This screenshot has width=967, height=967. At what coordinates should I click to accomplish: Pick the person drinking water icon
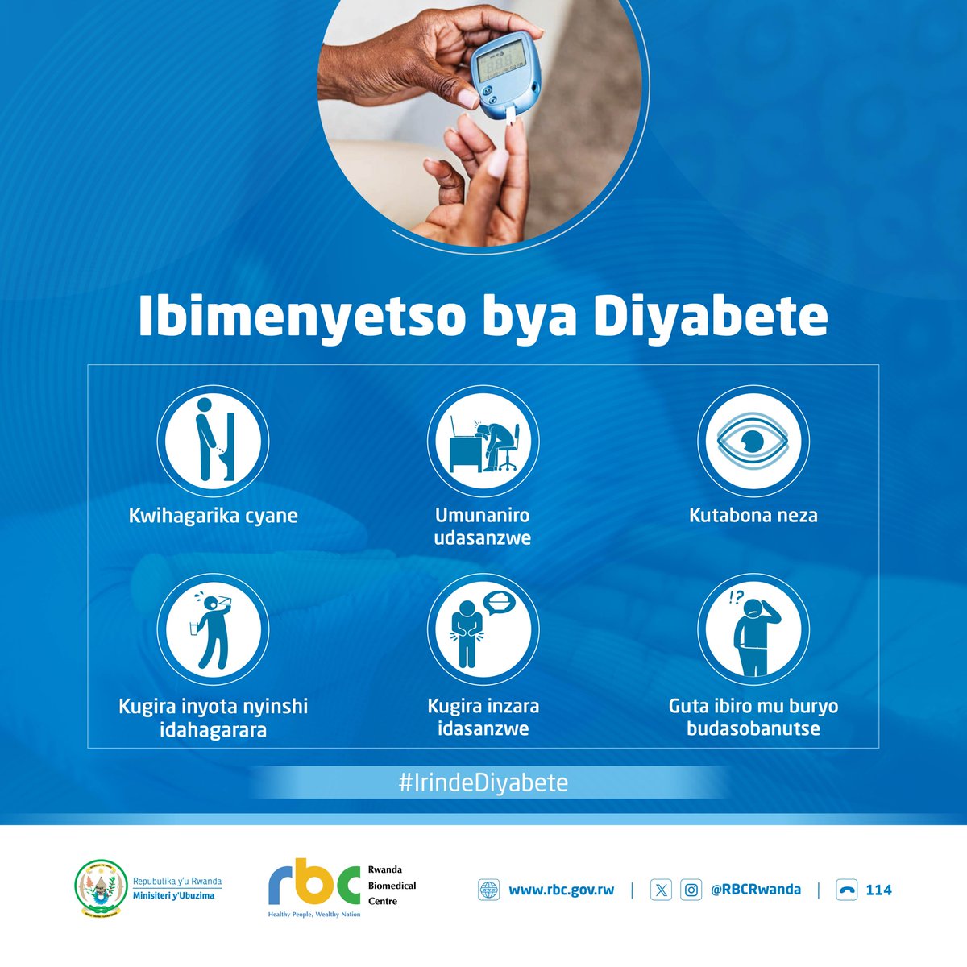pos(213,629)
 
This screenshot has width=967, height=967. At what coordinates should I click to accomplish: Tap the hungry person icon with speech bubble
pos(483,629)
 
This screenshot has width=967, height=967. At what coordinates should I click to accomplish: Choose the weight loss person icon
pos(753,629)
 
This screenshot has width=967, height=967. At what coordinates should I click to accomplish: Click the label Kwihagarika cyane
pos(213,516)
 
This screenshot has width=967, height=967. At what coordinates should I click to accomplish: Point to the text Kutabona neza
pos(753,516)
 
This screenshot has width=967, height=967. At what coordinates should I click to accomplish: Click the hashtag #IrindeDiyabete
pos(483,782)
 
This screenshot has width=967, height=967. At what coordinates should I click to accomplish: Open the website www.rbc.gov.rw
pos(561,890)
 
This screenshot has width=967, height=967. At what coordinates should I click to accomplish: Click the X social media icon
pos(661,890)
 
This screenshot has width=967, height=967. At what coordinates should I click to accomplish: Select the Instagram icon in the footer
pos(691,890)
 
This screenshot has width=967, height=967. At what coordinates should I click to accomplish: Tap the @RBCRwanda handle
pos(755,890)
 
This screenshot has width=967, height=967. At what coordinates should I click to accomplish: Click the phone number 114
pos(878,890)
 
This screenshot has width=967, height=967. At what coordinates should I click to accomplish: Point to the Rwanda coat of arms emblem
pos(101,889)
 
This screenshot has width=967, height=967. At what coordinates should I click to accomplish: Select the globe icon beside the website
pos(489,890)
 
